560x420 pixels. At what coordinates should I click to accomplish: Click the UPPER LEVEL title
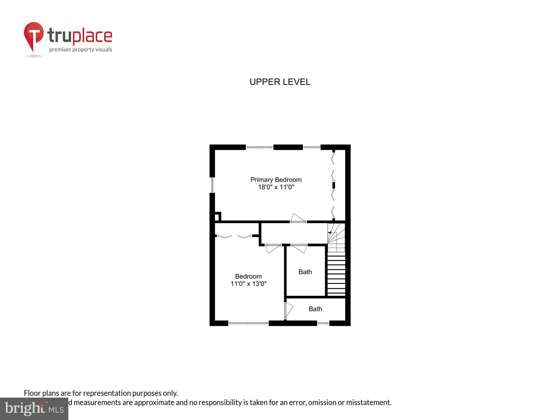tap(280, 82)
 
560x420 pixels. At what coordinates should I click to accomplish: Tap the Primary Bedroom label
tap(276, 180)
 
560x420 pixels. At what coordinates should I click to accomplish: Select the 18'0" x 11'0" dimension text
tap(276, 187)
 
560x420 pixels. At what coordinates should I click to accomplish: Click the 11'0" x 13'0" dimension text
tap(248, 284)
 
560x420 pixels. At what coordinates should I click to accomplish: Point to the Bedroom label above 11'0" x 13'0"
tap(248, 276)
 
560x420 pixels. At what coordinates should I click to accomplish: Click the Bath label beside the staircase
tap(305, 272)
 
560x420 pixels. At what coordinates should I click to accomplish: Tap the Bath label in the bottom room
tap(315, 309)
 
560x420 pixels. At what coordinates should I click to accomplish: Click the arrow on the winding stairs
tap(330, 233)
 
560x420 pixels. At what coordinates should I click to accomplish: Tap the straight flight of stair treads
tap(336, 274)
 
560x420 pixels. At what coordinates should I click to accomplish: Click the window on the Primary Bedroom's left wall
tap(212, 185)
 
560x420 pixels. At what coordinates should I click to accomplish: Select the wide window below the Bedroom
tap(248, 323)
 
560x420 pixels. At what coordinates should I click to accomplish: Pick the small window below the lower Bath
tap(323, 323)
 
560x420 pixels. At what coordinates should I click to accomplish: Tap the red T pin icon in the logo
tap(34, 35)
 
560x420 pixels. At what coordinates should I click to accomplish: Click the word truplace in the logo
tap(80, 36)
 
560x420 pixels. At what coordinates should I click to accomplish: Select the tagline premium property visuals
tap(81, 50)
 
